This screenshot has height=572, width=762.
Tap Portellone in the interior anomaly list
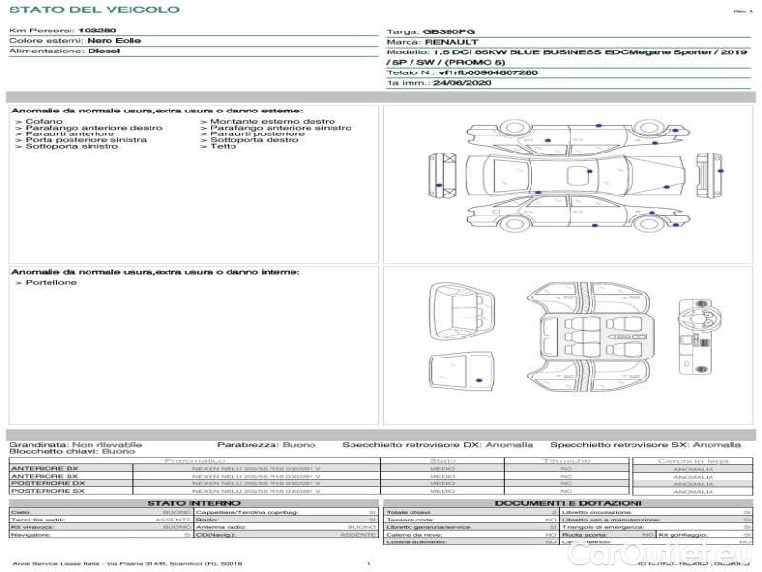[x=50, y=282]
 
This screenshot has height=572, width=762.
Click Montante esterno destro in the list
[x=271, y=121]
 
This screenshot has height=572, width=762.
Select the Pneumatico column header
[x=194, y=460]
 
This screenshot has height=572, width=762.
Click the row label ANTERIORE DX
[x=45, y=468]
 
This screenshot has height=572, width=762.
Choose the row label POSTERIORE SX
[x=47, y=491]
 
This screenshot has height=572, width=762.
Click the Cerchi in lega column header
[x=692, y=460]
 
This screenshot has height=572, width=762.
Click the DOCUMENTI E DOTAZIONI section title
[x=568, y=502]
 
